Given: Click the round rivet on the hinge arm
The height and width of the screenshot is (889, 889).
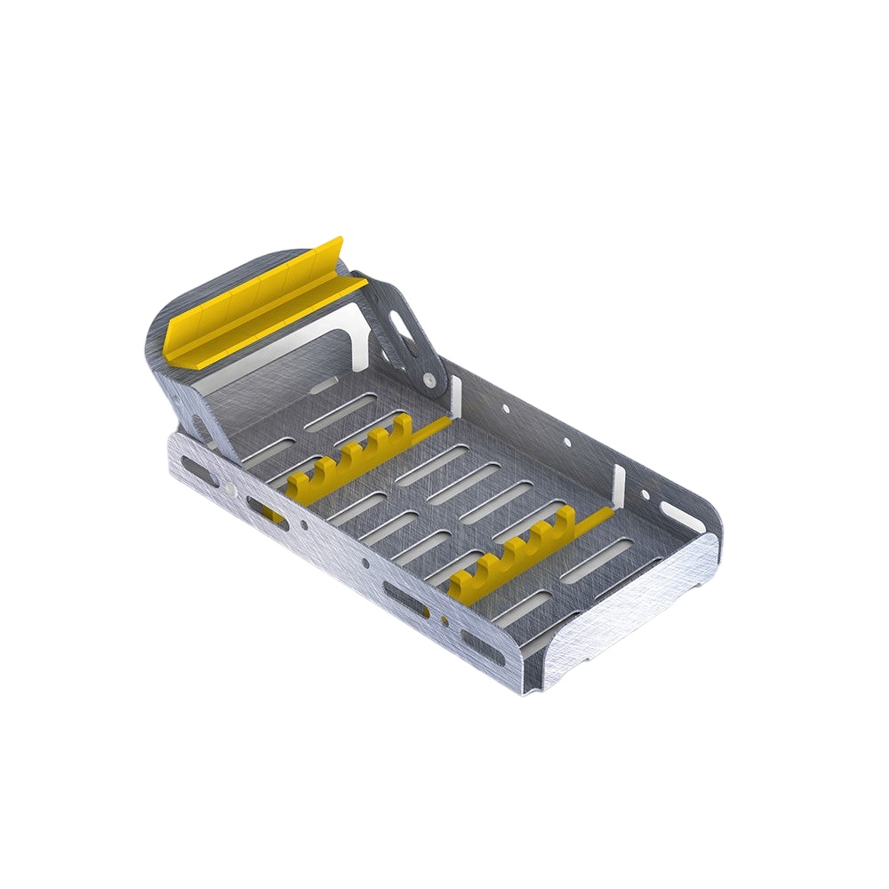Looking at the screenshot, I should [430, 380].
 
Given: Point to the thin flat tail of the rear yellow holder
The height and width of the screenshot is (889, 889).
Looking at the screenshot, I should [431, 430].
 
